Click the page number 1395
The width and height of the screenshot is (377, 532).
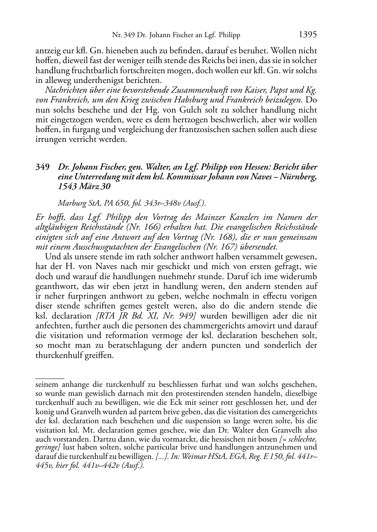point(308,35)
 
